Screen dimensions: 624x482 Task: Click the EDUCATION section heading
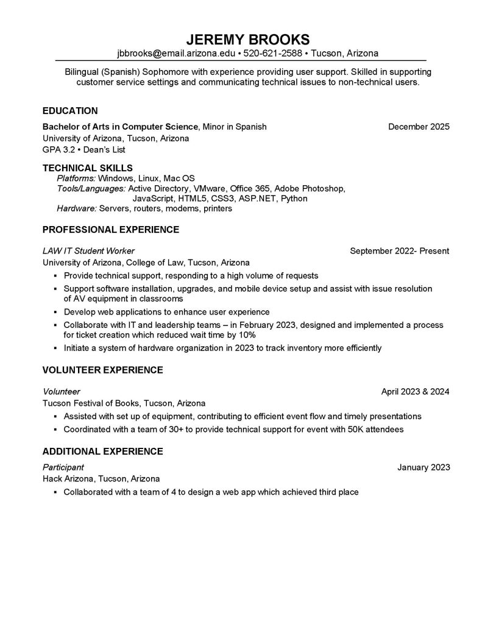[70, 111]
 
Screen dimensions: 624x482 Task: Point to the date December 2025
[419, 127]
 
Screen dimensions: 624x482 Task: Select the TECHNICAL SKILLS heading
[88, 168]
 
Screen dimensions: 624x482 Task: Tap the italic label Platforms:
[76, 178]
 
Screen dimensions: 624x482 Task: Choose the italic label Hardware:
[77, 208]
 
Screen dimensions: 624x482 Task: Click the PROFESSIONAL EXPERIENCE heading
[111, 230]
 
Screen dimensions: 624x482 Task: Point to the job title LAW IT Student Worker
[89, 250]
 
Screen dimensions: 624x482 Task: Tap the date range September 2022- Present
[400, 250]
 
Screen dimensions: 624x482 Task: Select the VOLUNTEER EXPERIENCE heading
[102, 370]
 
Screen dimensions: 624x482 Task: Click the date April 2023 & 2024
[415, 391]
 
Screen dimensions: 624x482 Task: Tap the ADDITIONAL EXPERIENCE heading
[102, 452]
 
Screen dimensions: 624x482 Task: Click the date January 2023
[424, 467]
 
